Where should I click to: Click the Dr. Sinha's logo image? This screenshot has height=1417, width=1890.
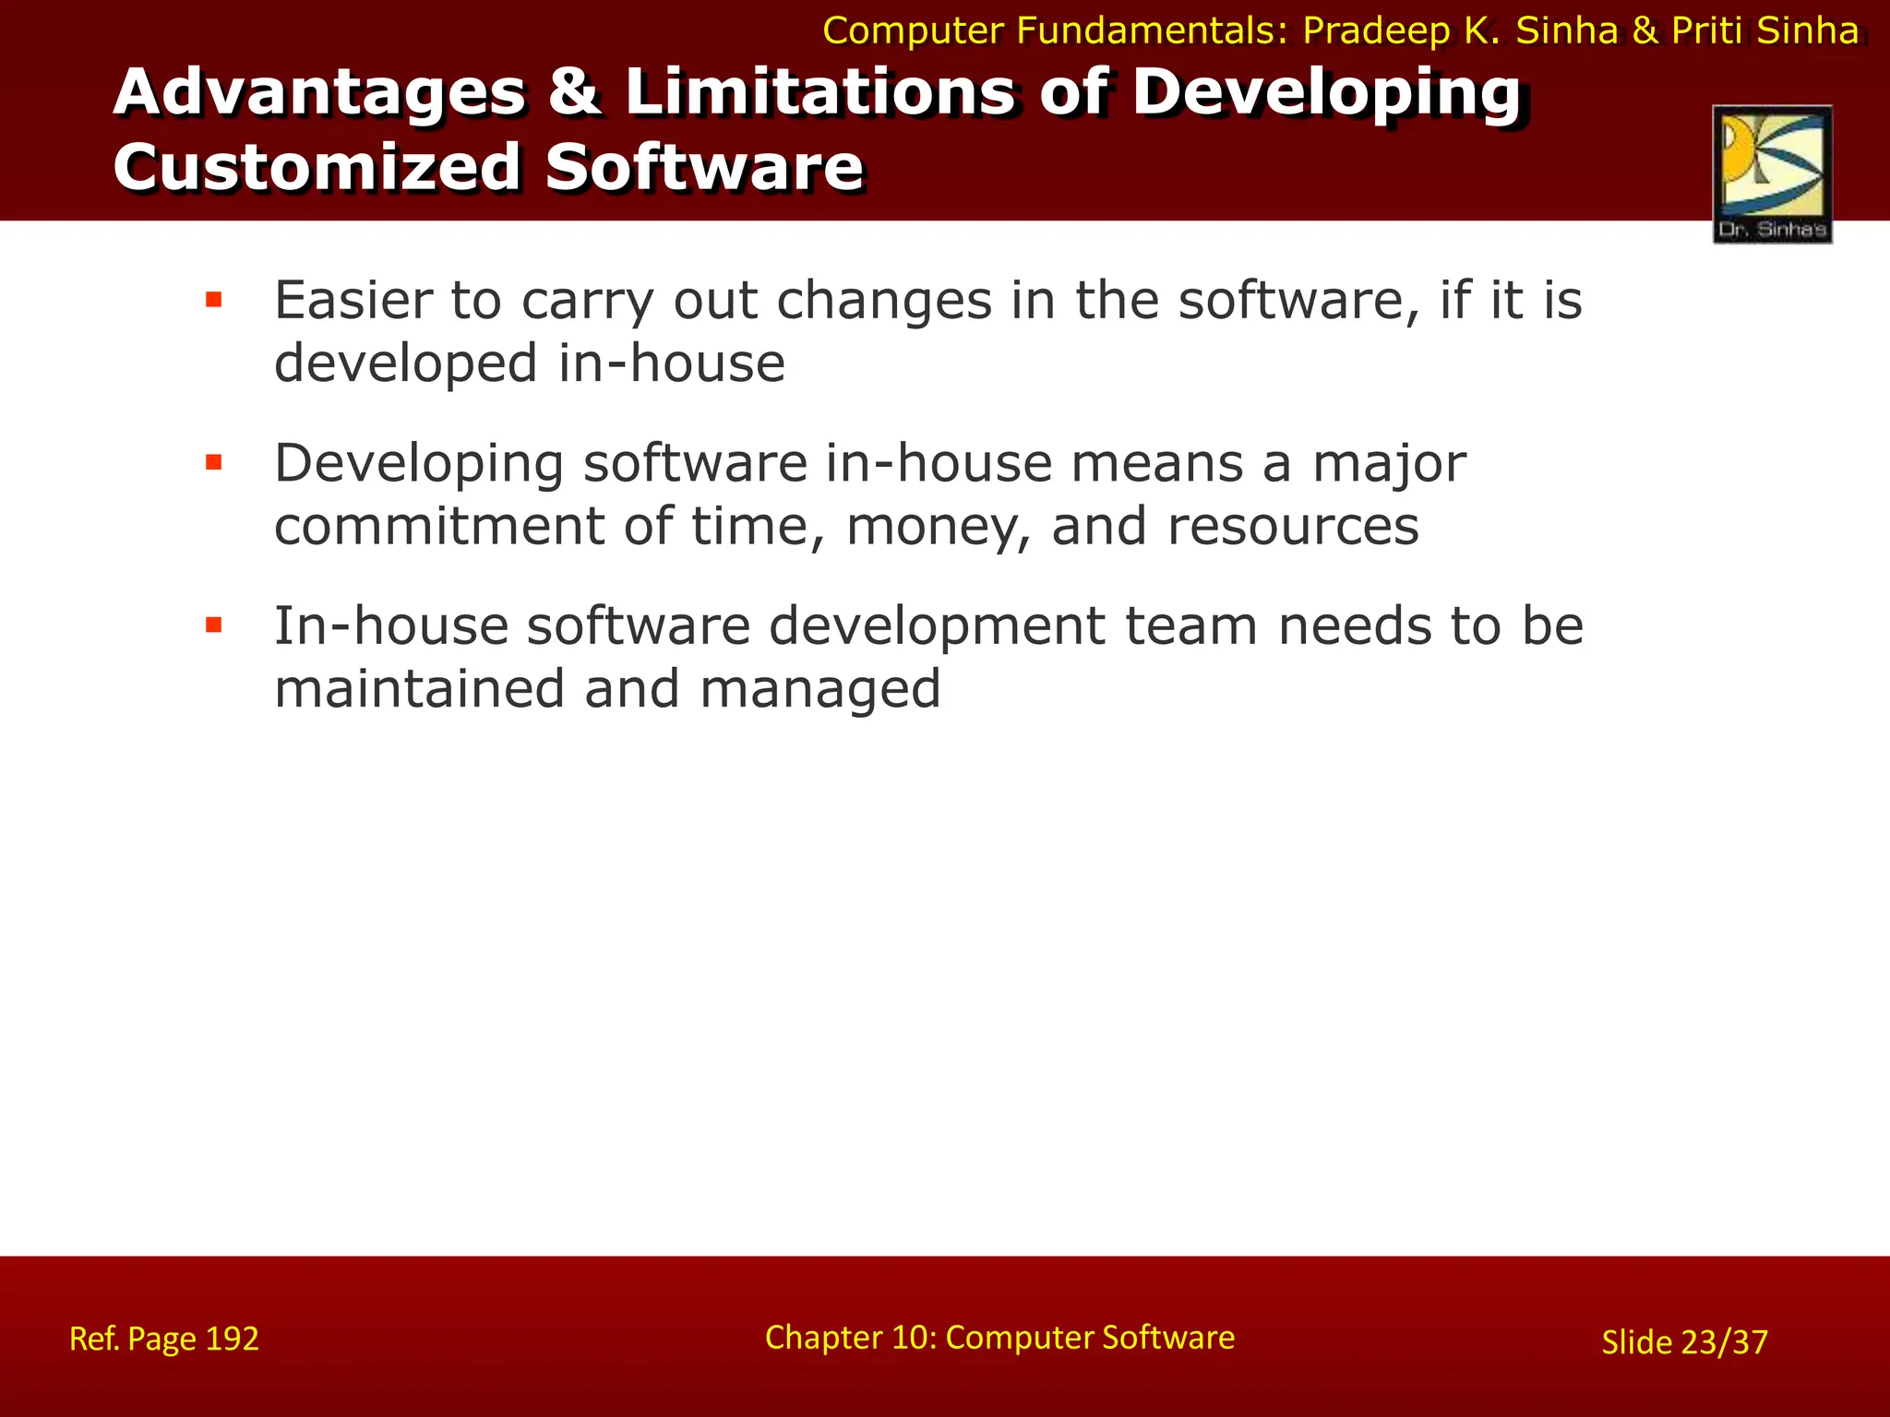[1772, 173]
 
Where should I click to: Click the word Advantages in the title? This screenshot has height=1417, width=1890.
[319, 92]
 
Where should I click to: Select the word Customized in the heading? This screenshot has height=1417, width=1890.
[317, 168]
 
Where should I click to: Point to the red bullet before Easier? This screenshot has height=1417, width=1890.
[214, 300]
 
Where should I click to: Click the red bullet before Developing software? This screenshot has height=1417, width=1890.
[214, 462]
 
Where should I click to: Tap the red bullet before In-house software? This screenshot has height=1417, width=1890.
[214, 625]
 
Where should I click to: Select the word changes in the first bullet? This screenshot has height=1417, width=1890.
[883, 303]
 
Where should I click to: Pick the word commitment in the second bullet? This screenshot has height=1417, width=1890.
[439, 527]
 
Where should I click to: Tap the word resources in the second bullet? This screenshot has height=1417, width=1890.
[1292, 527]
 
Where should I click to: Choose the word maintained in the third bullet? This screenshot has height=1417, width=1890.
[419, 689]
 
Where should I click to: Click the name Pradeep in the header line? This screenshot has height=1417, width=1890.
[1376, 31]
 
